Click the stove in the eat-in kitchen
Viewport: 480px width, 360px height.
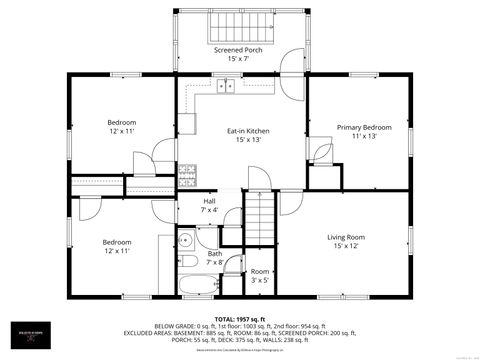tap(187, 175)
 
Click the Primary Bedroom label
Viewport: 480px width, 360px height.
tap(363, 127)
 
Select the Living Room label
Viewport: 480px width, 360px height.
tap(346, 237)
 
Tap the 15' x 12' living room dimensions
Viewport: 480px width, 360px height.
tap(346, 246)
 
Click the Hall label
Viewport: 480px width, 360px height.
tap(209, 201)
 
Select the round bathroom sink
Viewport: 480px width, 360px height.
tap(186, 240)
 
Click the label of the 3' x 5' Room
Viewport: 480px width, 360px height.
tap(259, 272)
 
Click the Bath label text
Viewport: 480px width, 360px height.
tap(215, 253)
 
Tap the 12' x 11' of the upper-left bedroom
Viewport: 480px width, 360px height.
tap(121, 131)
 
